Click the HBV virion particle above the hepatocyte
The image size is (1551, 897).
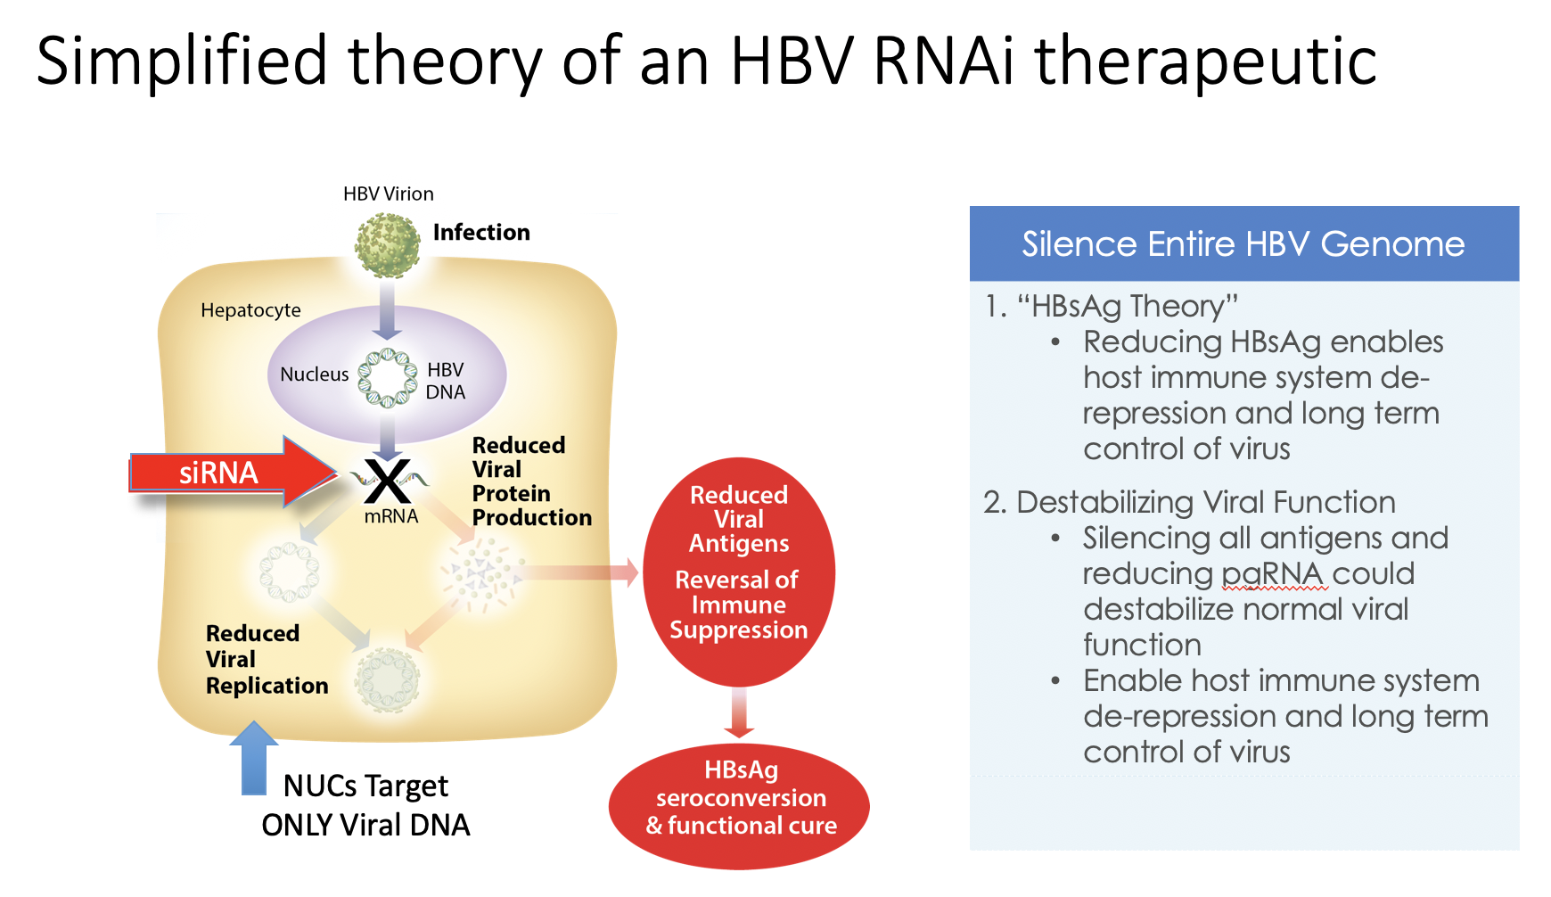click(x=387, y=244)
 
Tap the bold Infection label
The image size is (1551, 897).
click(x=481, y=233)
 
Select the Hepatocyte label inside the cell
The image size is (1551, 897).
click(x=250, y=310)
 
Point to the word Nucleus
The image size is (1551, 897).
click(x=315, y=374)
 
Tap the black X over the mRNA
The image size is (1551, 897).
click(x=388, y=481)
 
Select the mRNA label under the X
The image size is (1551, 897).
click(x=391, y=516)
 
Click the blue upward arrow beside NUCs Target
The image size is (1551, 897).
click(x=254, y=757)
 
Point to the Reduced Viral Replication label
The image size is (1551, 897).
click(x=267, y=660)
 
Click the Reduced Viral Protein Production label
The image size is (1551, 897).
click(x=532, y=481)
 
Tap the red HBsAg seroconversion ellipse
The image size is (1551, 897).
click(x=739, y=806)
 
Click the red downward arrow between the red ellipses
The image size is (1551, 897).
click(x=739, y=712)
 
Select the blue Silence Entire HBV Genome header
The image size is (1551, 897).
click(x=1244, y=243)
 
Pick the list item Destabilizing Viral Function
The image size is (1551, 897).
click(x=1190, y=502)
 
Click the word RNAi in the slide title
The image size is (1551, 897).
click(x=944, y=61)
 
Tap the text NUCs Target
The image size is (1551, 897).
click(x=365, y=786)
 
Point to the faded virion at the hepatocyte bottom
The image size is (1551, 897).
click(x=387, y=680)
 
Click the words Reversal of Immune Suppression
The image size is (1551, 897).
click(x=739, y=605)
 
